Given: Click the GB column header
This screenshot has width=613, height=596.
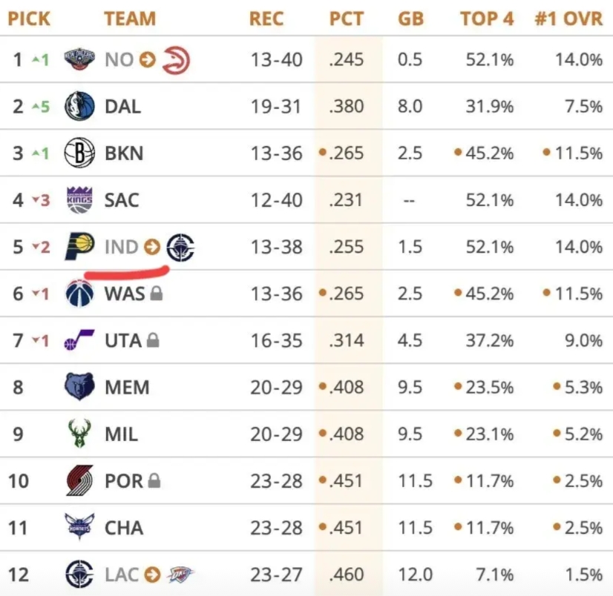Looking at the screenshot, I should tap(410, 19).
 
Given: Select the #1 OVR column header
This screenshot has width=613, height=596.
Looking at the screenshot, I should tap(568, 19).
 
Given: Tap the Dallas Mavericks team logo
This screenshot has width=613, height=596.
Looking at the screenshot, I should tap(79, 106).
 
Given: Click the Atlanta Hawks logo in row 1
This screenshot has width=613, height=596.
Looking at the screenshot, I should tap(176, 59).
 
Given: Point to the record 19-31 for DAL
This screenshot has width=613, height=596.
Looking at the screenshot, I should tap(276, 106).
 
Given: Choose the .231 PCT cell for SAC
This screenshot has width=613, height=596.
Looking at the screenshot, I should tap(347, 200).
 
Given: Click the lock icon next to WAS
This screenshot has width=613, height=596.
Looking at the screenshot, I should tap(156, 294).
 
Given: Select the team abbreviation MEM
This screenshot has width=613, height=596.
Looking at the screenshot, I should tap(127, 388).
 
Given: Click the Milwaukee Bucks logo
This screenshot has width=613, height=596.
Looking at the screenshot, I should tap(79, 434).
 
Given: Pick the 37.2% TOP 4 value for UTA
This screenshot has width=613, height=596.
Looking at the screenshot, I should tap(487, 341).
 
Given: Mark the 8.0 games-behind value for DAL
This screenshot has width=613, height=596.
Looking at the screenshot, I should tap(410, 106).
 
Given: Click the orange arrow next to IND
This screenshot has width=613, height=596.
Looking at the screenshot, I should tap(151, 247).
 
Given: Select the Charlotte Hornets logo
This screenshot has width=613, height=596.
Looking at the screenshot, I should tap(79, 528).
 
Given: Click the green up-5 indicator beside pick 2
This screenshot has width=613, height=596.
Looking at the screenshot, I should tap(41, 107).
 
